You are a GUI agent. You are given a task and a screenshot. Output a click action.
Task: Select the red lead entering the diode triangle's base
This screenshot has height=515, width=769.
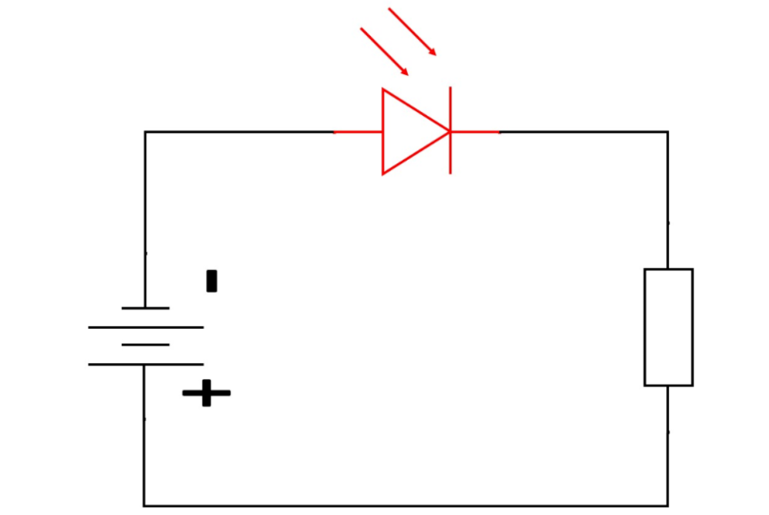pos(357,132)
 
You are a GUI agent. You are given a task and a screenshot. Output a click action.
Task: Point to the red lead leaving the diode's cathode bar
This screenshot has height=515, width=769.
pos(475,132)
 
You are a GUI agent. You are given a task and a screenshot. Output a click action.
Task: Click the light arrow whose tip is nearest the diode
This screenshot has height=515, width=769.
pos(385,52)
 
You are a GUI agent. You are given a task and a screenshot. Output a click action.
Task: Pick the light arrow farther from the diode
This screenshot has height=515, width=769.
pos(413,31)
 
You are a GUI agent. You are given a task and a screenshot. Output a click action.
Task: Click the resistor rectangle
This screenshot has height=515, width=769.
pos(668,327)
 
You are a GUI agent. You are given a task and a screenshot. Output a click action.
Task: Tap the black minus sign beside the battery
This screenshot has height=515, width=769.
pos(211,280)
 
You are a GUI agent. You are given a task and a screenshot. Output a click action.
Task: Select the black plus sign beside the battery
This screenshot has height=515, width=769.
pos(206,392)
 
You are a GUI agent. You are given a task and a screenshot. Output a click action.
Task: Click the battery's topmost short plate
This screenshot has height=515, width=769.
pos(145,308)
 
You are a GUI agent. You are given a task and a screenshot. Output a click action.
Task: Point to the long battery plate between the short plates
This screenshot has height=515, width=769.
pos(145,327)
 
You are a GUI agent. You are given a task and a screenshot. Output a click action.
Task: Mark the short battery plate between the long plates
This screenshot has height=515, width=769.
pos(145,345)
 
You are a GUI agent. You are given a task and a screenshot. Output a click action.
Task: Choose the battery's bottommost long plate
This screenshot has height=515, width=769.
pos(145,364)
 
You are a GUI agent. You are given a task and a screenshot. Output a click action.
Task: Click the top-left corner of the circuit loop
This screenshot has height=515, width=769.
pos(145,132)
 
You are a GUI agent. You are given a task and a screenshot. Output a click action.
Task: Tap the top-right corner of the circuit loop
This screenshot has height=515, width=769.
pos(667,132)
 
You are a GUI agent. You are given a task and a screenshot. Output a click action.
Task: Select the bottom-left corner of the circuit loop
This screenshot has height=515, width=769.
pos(144,505)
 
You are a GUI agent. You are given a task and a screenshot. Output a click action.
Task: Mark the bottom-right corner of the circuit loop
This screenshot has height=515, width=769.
pos(667,505)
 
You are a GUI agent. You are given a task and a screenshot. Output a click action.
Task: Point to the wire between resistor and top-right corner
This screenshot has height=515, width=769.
pos(667,200)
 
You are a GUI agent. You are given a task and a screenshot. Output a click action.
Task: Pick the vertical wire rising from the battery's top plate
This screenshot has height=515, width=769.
pos(145,219)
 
